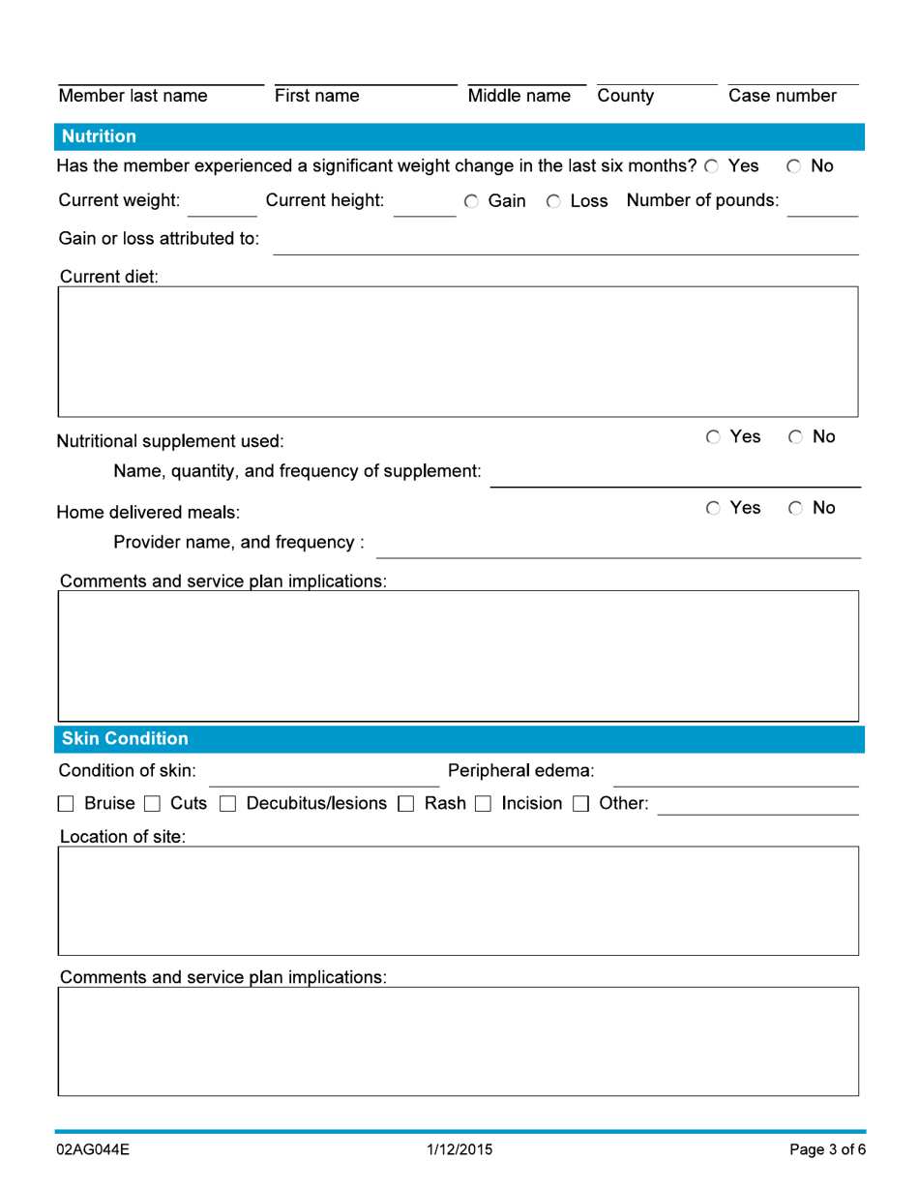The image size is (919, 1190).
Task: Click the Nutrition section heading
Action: click(99, 136)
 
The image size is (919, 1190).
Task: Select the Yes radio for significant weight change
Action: click(712, 167)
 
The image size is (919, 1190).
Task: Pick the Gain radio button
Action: click(471, 202)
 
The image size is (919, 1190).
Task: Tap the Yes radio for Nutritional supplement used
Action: click(713, 437)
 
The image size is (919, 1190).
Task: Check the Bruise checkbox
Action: click(67, 804)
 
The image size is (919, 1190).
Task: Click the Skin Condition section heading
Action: click(125, 739)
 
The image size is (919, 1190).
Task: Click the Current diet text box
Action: click(458, 351)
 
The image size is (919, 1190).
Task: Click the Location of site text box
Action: click(458, 901)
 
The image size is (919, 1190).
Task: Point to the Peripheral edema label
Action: click(520, 771)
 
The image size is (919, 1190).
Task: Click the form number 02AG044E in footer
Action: click(94, 1150)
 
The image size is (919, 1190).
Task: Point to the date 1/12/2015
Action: click(459, 1150)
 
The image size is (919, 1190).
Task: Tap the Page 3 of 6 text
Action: click(827, 1150)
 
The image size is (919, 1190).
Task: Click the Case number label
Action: click(782, 96)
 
